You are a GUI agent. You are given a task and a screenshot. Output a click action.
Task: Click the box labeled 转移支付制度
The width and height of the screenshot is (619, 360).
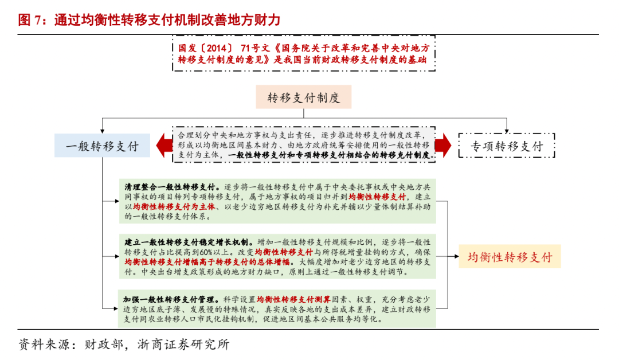(x=303, y=97)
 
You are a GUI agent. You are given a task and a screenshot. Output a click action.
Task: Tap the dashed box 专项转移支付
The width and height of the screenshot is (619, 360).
(x=507, y=146)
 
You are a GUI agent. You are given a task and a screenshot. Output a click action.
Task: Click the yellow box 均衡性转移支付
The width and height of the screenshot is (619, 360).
(x=510, y=256)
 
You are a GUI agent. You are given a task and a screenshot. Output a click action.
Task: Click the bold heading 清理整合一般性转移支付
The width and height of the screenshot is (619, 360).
(x=171, y=187)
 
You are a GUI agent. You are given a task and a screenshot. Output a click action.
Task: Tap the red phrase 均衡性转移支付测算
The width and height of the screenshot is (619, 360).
(x=293, y=299)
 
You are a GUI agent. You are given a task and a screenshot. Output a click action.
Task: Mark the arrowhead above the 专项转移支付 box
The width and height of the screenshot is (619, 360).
(x=507, y=130)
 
